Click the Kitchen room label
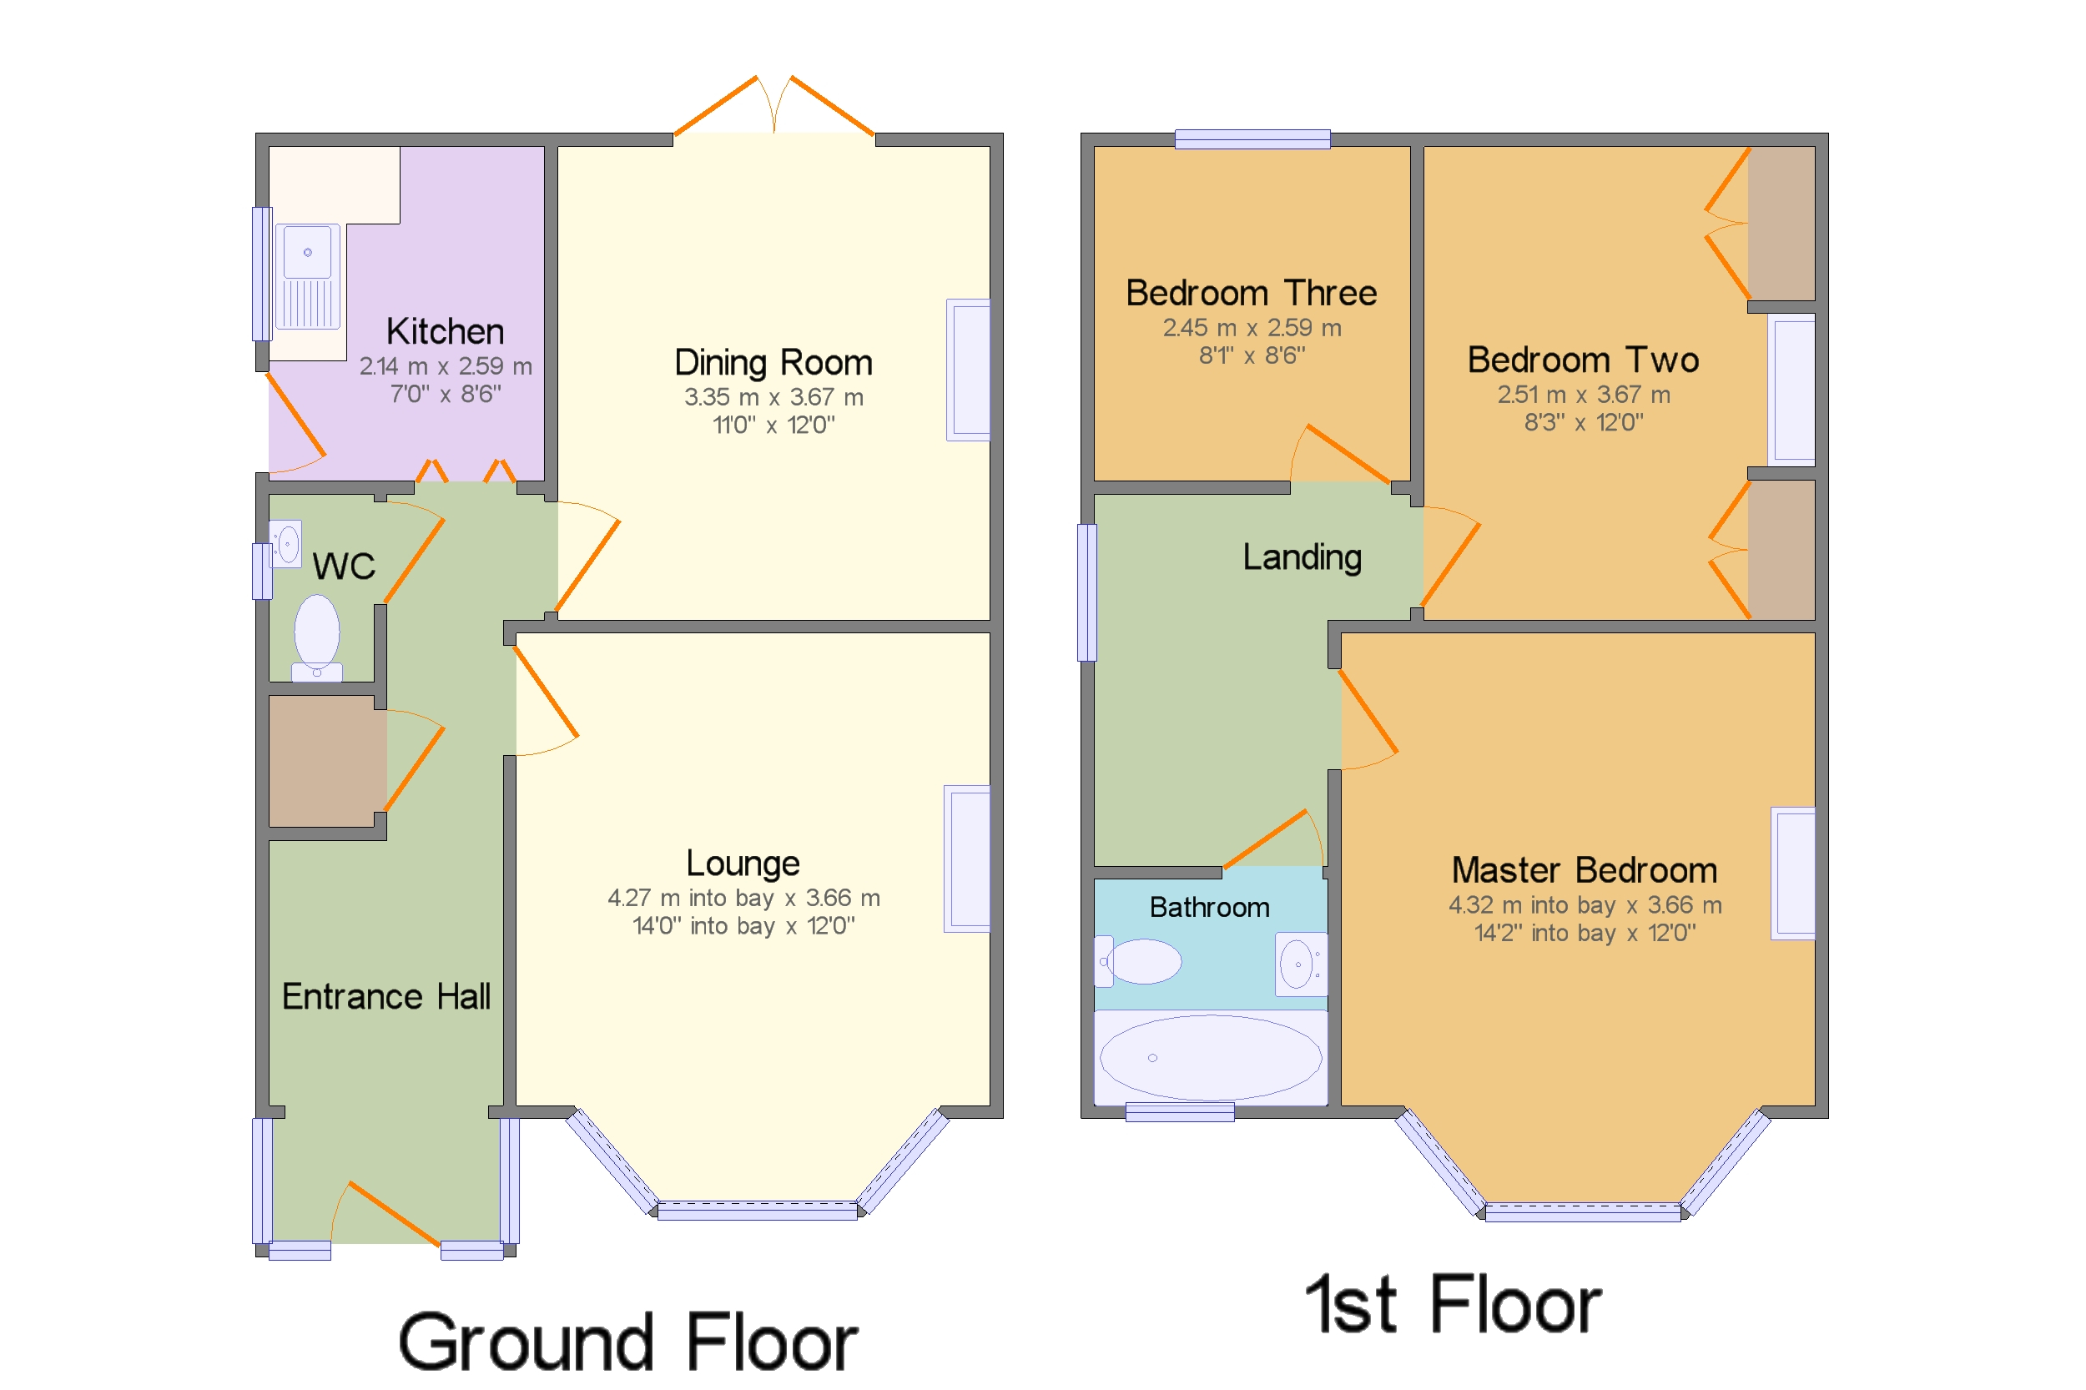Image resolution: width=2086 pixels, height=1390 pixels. (445, 331)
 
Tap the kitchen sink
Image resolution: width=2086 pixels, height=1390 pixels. (308, 275)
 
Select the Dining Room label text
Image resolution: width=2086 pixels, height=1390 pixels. (773, 363)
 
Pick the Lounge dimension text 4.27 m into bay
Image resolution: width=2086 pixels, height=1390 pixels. (690, 898)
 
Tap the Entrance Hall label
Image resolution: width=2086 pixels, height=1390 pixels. (385, 996)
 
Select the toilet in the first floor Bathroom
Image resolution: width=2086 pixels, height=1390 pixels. (1141, 962)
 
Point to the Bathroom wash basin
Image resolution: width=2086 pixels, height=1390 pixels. (1300, 964)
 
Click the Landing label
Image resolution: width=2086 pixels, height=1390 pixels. (1302, 557)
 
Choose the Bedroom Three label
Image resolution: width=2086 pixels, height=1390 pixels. (1251, 294)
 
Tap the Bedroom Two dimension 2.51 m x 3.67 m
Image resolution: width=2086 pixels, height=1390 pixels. (1584, 395)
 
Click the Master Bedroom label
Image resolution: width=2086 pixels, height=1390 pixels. (1585, 870)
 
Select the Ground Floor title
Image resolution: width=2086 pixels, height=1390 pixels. (627, 1342)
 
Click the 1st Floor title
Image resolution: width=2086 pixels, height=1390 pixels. (1453, 1305)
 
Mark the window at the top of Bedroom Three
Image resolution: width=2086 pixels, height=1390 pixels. (1252, 139)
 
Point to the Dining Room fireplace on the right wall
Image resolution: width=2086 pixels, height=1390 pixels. (968, 370)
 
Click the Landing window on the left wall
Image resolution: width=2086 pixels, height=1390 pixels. (1087, 593)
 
